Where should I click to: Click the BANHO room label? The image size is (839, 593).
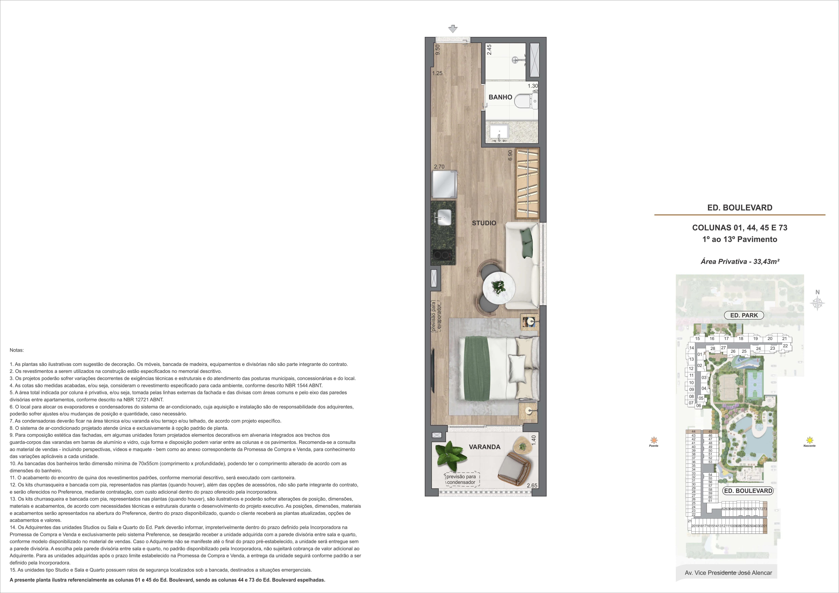coord(500,97)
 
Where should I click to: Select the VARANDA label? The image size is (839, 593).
coord(485,447)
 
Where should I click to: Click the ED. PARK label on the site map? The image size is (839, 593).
coord(744,315)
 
